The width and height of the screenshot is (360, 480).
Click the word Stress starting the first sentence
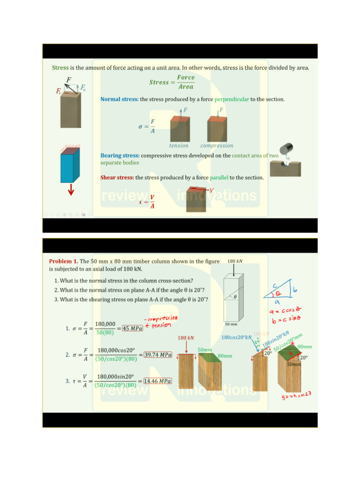60,68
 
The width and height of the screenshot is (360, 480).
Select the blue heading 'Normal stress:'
119,99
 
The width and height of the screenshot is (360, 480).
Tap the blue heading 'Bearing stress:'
120,156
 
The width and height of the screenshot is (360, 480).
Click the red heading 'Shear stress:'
117,178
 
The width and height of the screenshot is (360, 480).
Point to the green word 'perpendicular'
232,99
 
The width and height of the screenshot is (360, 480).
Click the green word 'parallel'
219,178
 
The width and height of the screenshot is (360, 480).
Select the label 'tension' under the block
179,146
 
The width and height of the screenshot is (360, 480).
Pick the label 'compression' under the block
217,146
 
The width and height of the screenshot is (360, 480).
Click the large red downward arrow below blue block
71,190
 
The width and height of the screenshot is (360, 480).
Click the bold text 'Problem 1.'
64,261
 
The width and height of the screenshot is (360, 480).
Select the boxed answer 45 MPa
132,328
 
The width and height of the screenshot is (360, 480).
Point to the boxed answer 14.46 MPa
157,381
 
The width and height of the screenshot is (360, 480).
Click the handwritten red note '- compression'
161,318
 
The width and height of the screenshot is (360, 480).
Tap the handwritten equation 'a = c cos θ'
285,312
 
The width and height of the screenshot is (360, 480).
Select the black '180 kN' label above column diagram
235,261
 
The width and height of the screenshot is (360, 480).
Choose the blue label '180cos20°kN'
237,337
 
